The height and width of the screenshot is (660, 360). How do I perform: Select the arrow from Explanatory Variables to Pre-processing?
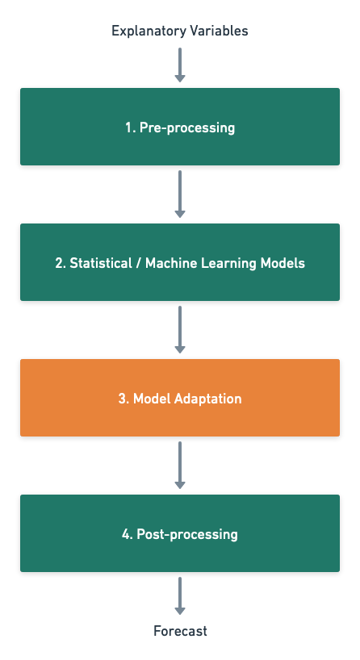[180, 65]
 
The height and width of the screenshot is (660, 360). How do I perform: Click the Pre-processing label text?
[187, 127]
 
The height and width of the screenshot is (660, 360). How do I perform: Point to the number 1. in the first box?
[131, 127]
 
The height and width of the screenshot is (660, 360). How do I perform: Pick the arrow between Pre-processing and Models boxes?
[180, 194]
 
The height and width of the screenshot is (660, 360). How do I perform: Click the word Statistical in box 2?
[101, 263]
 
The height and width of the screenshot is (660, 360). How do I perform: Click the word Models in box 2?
[283, 263]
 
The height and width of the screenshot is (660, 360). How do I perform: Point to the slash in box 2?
[139, 263]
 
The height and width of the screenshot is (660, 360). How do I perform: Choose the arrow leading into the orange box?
[180, 329]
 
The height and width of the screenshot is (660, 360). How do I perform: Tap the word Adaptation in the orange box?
[208, 399]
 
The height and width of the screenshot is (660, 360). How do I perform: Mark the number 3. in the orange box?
[123, 399]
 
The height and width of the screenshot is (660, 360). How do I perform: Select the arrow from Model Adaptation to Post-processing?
[180, 465]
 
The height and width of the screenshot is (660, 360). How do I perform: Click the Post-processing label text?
[187, 535]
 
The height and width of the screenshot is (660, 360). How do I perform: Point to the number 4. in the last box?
[128, 534]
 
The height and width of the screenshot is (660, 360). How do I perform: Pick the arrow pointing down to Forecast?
[180, 596]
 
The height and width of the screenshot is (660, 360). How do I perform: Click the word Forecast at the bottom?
[180, 631]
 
